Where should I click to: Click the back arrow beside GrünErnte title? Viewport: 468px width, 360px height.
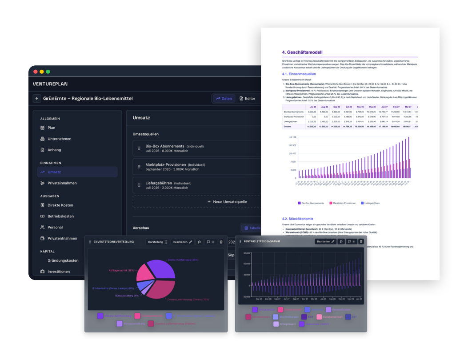pos(37,98)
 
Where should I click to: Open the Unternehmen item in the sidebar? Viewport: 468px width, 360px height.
pos(60,139)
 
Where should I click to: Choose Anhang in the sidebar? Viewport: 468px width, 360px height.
pos(54,150)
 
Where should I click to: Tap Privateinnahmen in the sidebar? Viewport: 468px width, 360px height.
pos(62,183)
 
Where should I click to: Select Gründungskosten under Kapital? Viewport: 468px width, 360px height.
pos(63,260)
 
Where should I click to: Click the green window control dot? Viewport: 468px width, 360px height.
pos(48,72)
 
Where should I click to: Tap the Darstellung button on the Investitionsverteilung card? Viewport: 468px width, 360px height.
pos(157,242)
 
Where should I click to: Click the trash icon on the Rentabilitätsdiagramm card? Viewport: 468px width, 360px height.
pos(361,241)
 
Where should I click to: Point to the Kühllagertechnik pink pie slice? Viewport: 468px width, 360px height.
pos(144,274)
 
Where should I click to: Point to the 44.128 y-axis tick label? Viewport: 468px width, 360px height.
pos(292,137)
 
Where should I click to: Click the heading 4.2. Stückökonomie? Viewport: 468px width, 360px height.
pos(297,219)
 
